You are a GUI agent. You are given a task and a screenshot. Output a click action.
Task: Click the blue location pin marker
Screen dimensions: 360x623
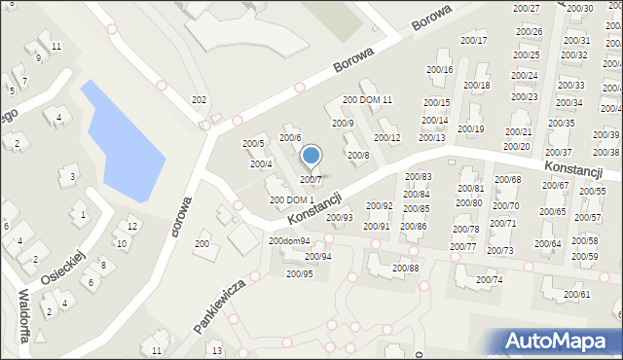pos(311,157)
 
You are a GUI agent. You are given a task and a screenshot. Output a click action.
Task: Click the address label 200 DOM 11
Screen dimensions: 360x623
pos(367,100)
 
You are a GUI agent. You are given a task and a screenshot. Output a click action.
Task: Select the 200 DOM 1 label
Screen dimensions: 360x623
pos(291,200)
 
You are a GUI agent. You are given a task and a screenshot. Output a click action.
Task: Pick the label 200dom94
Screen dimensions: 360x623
pos(289,240)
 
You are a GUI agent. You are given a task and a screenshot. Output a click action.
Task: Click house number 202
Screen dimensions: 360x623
pos(199,100)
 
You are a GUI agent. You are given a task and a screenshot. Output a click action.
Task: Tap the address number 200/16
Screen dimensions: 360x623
pos(440,70)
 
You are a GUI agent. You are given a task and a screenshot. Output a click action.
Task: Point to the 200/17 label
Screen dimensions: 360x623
pos(474,40)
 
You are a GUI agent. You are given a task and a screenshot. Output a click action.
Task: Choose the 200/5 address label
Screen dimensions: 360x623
pos(253,144)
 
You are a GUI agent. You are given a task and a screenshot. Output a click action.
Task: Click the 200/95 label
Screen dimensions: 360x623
pos(300,273)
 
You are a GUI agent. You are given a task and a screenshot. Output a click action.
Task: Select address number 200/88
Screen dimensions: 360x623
pos(405,268)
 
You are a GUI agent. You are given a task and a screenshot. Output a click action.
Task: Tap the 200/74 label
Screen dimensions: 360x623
pos(490,280)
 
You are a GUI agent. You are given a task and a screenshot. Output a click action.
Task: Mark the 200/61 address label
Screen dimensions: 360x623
pos(576,294)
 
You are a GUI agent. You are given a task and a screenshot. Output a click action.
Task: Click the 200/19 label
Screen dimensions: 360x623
pos(471,129)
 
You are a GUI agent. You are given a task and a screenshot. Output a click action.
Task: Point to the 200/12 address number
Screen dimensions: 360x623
pos(387,138)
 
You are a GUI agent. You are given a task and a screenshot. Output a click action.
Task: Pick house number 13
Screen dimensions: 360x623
pos(217,350)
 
